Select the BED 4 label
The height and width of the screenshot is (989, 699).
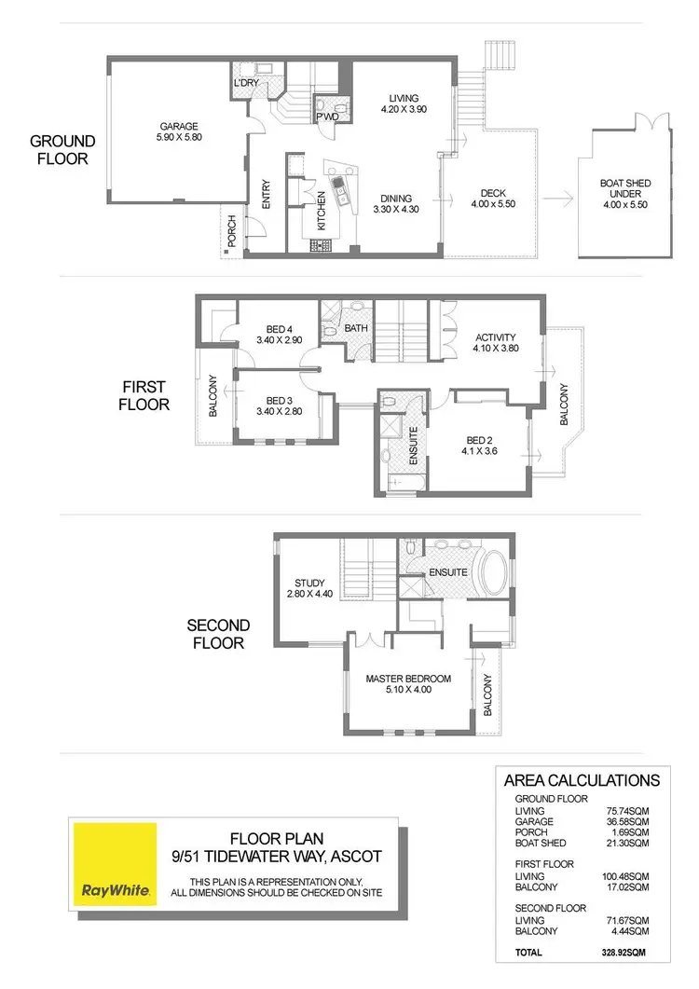pyautogui.click(x=280, y=328)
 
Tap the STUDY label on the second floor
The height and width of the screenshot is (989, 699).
pyautogui.click(x=307, y=584)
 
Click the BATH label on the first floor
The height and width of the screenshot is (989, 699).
pyautogui.click(x=356, y=328)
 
